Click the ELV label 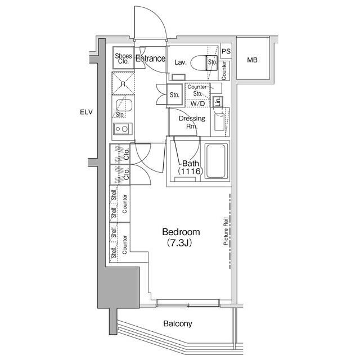(x=86, y=112)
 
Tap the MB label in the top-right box (x=253, y=60)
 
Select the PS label (x=226, y=51)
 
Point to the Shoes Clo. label (x=123, y=58)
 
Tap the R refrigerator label (x=123, y=84)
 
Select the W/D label (x=197, y=104)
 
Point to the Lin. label (x=217, y=102)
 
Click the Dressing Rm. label (x=191, y=122)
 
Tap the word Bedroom (x=181, y=232)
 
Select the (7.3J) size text (x=181, y=243)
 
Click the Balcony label (x=178, y=323)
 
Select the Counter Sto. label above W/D (x=197, y=90)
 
